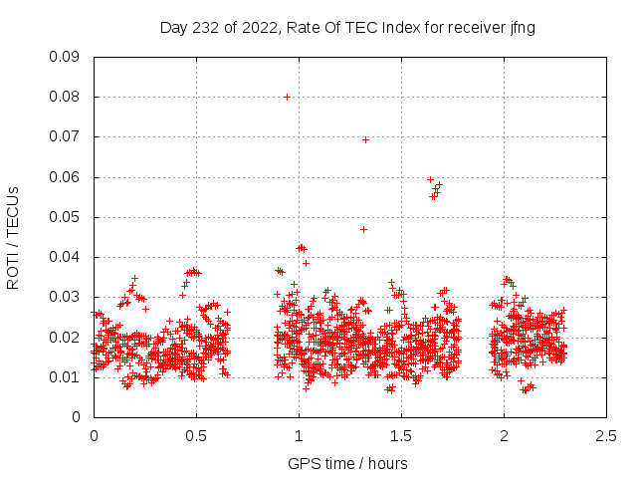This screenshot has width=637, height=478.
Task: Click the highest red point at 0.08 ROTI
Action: pyautogui.click(x=287, y=97)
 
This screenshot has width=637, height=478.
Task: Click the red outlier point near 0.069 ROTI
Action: pyautogui.click(x=365, y=139)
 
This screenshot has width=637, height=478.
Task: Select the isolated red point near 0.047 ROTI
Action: pyautogui.click(x=363, y=229)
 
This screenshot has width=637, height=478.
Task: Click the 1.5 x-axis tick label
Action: pyautogui.click(x=401, y=436)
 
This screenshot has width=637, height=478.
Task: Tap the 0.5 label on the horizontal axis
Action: pyautogui.click(x=196, y=436)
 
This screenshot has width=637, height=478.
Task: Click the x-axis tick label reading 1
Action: pyautogui.click(x=299, y=436)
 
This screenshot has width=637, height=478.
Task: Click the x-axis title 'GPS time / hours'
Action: pyautogui.click(x=347, y=463)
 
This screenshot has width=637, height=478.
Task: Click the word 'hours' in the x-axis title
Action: pyautogui.click(x=386, y=463)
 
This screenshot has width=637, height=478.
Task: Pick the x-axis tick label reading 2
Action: pyautogui.click(x=504, y=436)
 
